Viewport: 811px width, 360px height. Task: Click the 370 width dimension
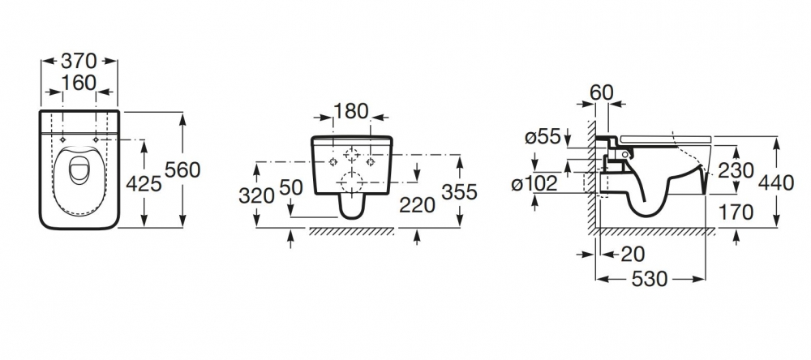click(x=79, y=61)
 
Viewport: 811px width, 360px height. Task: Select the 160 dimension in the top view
click(x=79, y=83)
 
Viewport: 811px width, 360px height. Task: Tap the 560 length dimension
click(x=182, y=169)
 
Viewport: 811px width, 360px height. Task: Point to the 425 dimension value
click(x=144, y=183)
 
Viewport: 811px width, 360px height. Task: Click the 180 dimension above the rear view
click(x=350, y=111)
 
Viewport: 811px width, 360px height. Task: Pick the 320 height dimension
click(x=256, y=195)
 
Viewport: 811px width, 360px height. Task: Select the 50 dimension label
click(x=291, y=187)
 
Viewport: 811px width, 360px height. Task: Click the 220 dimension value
click(x=418, y=205)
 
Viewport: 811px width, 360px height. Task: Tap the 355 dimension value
click(x=459, y=192)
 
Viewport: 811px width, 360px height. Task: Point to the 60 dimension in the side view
click(x=602, y=92)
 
